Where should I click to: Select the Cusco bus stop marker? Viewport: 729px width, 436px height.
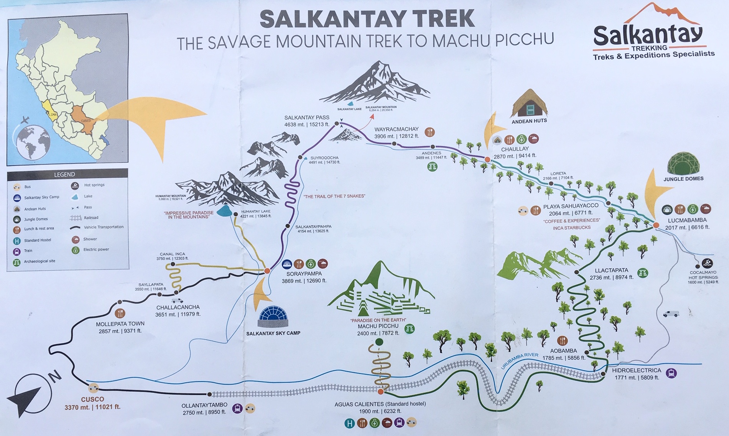(93, 388)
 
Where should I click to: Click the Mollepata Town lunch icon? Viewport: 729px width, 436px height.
(120, 313)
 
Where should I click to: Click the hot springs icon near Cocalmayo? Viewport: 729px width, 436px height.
(708, 264)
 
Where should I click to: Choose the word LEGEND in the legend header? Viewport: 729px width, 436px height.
(64, 175)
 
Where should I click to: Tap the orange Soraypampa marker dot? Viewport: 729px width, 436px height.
(267, 271)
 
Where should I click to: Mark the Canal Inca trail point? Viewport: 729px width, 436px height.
(173, 264)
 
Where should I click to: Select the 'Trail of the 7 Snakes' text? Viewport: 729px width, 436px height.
(334, 196)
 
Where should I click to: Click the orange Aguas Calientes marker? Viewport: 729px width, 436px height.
(380, 392)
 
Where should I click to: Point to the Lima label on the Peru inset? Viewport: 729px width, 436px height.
(52, 115)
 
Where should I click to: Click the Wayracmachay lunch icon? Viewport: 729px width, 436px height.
(430, 132)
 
